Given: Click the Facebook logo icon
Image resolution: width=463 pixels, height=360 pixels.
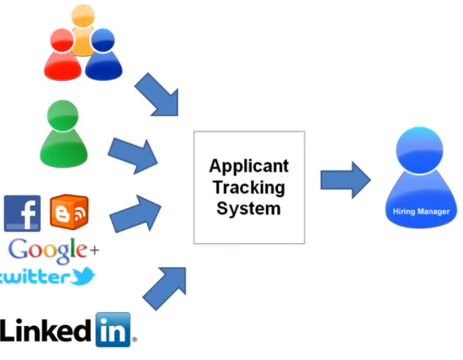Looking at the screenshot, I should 22,213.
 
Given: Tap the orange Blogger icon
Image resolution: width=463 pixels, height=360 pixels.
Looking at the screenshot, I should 69,212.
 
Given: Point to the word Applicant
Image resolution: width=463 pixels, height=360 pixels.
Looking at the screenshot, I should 248,166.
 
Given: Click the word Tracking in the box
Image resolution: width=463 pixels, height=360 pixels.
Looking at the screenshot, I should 248,187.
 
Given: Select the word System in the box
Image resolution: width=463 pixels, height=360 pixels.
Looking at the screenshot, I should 248,208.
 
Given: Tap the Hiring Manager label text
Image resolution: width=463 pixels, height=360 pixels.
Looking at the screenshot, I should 420,211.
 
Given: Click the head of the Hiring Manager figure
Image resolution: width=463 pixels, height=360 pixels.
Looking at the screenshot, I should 420,145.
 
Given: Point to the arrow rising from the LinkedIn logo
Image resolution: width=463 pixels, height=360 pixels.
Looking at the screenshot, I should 165,286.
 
